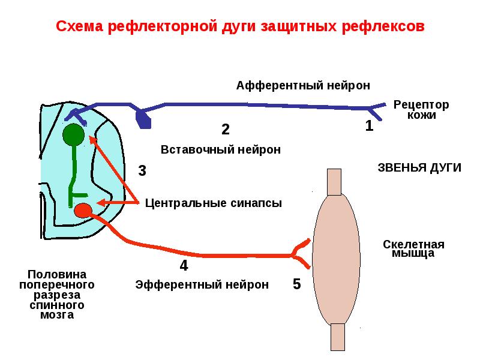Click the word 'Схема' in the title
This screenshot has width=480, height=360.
point(80,26)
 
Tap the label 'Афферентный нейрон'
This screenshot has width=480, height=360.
point(303,86)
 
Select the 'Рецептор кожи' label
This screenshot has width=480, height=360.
point(421,110)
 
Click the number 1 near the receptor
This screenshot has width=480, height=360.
point(370,125)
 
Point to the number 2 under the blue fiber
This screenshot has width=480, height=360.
point(226,129)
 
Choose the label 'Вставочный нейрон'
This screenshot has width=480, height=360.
point(221,149)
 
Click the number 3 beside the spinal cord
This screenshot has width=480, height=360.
point(142,170)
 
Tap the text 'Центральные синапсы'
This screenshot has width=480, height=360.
point(214,203)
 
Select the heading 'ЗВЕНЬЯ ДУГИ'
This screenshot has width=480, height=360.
point(419,168)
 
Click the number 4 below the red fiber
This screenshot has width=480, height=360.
point(184,265)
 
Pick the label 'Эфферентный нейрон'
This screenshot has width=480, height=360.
point(202,284)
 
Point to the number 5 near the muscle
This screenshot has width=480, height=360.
point(296,284)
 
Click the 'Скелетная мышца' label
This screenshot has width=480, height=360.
point(413,248)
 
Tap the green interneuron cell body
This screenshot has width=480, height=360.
point(73,134)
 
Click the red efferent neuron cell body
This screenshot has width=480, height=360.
point(83,211)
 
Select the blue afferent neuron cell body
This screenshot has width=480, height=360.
point(143,119)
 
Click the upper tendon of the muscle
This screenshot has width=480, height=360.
point(334,182)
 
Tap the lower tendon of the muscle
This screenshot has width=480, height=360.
point(338,337)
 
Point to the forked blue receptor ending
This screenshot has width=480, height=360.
point(377,111)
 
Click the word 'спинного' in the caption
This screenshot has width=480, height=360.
point(57,305)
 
